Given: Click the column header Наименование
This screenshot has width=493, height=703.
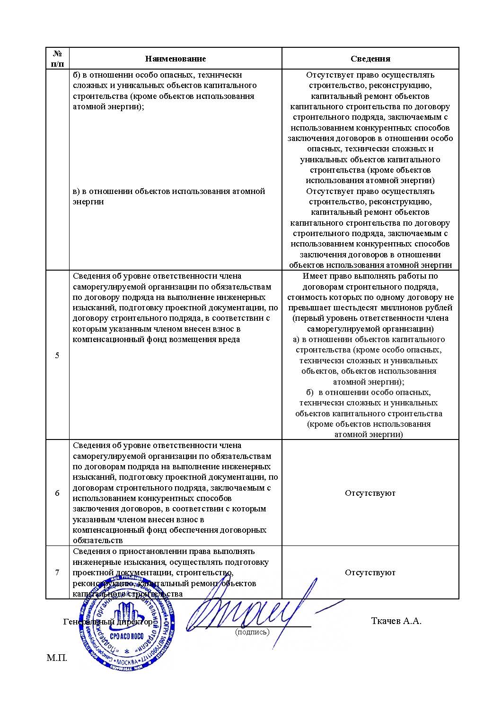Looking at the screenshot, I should pyautogui.click(x=176, y=59).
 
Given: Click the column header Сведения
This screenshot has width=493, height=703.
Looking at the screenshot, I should pyautogui.click(x=370, y=59).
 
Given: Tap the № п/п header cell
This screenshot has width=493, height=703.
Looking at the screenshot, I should pyautogui.click(x=57, y=58).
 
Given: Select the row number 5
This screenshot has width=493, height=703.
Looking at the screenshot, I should pyautogui.click(x=57, y=355).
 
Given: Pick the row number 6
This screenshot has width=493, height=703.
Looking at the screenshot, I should pyautogui.click(x=57, y=493).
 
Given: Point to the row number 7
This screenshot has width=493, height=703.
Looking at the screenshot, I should pyautogui.click(x=57, y=572).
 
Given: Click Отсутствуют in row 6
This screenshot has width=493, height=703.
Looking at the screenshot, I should pyautogui.click(x=370, y=493).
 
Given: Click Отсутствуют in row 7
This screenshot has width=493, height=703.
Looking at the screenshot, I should pyautogui.click(x=370, y=572).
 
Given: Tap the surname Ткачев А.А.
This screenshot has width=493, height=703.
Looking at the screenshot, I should pyautogui.click(x=396, y=621).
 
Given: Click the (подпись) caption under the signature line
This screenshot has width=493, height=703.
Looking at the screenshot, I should pyautogui.click(x=252, y=632).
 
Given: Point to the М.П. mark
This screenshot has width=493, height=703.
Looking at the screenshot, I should pyautogui.click(x=57, y=658).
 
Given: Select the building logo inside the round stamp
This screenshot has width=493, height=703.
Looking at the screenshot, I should pyautogui.click(x=127, y=616).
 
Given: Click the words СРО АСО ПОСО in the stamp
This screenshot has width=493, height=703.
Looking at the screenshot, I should pyautogui.click(x=126, y=636).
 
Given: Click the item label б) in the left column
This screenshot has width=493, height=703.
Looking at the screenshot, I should pyautogui.click(x=78, y=75).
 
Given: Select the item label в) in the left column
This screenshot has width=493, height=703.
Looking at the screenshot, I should pyautogui.click(x=78, y=191).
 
